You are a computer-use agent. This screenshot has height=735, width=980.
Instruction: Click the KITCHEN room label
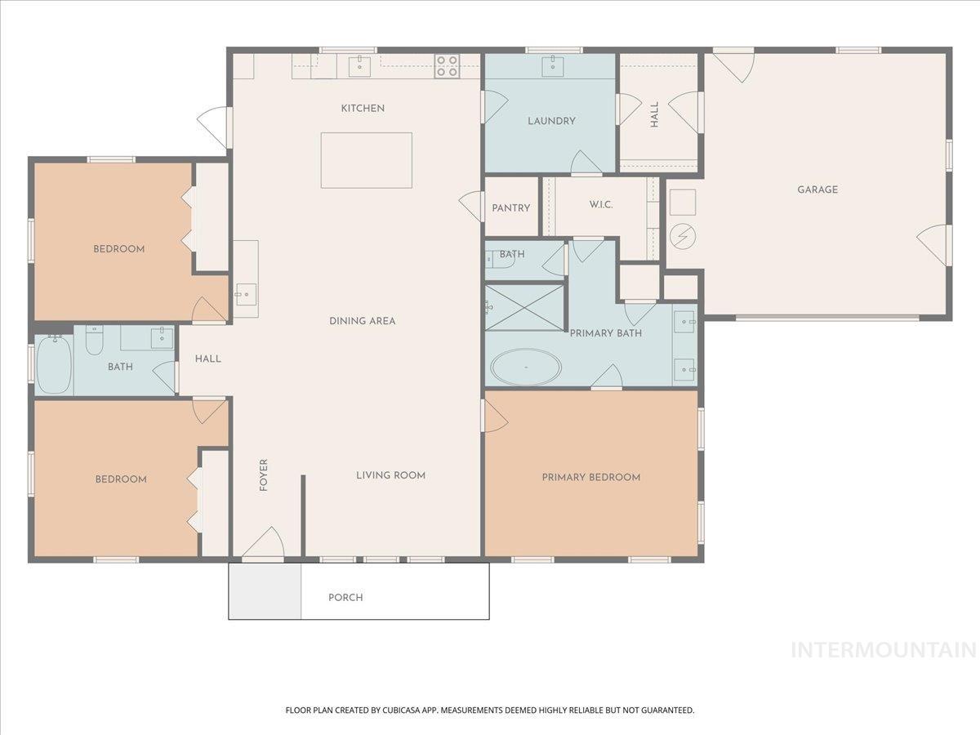point(363,109)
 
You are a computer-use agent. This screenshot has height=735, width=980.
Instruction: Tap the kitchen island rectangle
point(366,160)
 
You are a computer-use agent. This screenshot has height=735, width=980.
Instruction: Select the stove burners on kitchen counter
point(446,65)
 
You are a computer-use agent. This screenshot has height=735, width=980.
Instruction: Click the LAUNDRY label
point(551,121)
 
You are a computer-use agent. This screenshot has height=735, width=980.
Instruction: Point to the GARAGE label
point(817,189)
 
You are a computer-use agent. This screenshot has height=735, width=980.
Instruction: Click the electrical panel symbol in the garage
point(683,237)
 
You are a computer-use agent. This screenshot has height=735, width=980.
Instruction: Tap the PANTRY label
point(511,208)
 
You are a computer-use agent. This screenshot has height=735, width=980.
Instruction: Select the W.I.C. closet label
point(600,205)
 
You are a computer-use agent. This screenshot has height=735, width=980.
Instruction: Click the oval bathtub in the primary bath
point(526,367)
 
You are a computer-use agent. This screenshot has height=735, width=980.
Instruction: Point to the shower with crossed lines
point(524,307)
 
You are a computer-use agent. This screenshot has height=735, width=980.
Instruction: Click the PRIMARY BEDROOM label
point(591,477)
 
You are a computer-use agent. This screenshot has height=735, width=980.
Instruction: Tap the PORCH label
point(345,598)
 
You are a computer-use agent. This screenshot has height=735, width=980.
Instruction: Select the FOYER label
point(264,475)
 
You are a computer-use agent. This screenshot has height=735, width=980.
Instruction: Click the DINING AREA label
point(363,321)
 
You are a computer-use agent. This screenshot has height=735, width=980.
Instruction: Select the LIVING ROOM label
point(390,475)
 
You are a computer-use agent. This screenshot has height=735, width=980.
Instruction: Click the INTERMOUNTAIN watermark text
point(884,650)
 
